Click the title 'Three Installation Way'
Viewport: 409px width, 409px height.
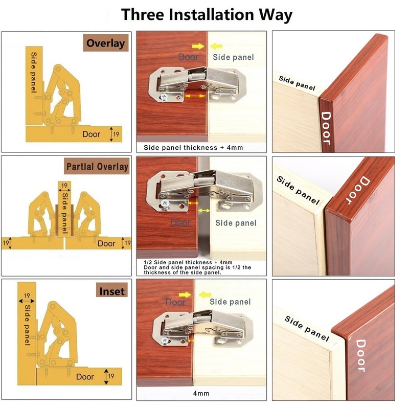tap(207, 14)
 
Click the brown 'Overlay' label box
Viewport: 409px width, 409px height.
tap(105, 43)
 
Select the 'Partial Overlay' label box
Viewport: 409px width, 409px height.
tap(97, 167)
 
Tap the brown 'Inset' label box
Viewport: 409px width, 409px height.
tap(111, 291)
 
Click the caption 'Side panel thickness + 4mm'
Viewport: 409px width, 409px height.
tap(193, 148)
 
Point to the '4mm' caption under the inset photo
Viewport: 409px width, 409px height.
tap(201, 393)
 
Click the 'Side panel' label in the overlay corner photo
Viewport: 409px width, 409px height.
tap(297, 83)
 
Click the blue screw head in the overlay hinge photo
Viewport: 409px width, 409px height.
tap(166, 96)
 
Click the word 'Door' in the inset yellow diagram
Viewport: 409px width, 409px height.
tap(85, 377)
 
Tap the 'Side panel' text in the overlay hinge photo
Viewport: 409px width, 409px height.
tap(233, 57)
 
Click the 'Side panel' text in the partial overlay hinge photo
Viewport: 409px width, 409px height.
tap(235, 223)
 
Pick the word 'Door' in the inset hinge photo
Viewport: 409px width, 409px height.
tap(175, 302)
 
